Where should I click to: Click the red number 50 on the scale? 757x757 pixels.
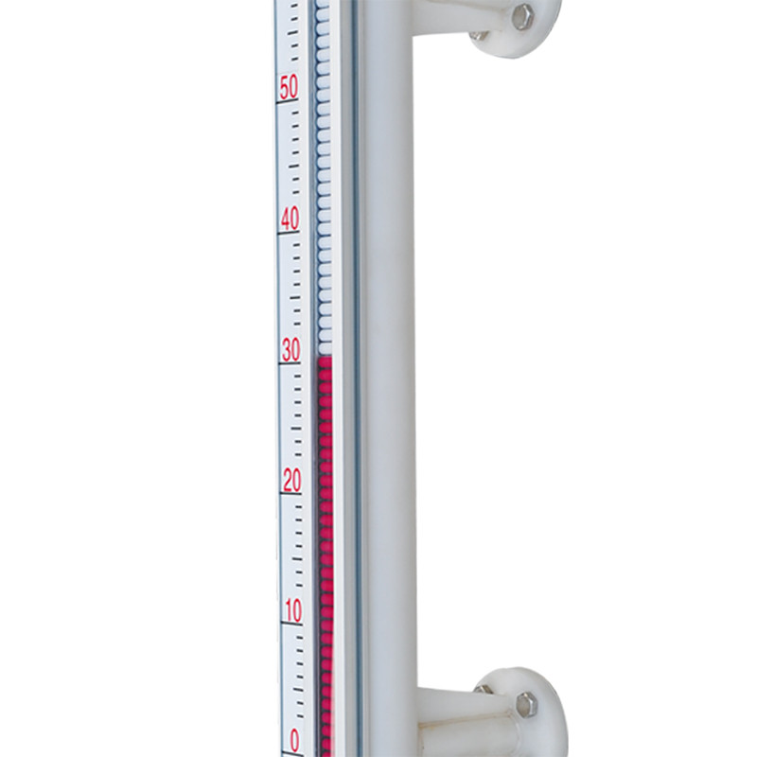[289, 87]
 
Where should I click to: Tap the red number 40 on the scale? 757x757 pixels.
[290, 220]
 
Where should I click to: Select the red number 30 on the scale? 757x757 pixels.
[291, 350]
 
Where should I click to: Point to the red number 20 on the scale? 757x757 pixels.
[292, 481]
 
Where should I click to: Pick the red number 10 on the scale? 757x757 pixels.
[293, 610]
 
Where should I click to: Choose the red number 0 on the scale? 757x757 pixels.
[294, 740]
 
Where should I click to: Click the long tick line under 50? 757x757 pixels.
[288, 101]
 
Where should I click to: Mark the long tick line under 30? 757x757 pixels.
[290, 363]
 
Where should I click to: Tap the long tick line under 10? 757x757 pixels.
[292, 625]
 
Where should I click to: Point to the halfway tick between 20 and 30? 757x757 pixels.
[296, 429]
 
